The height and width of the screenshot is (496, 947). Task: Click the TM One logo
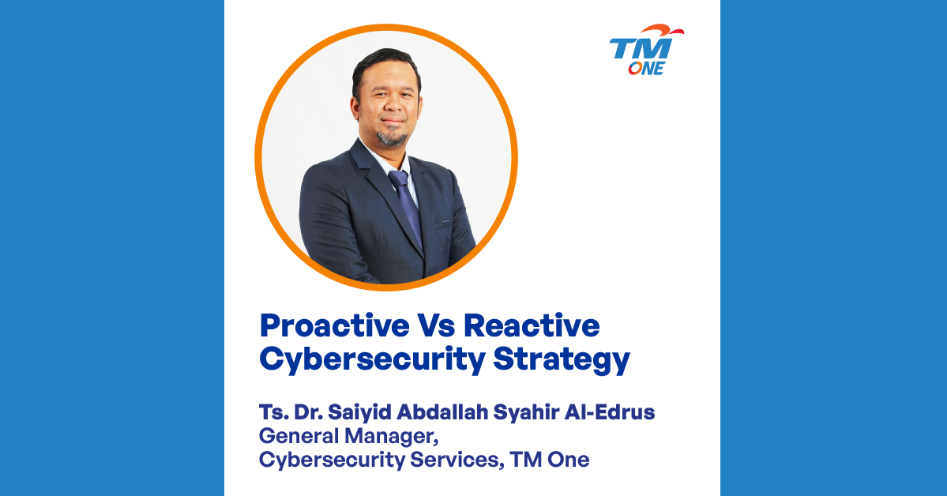(646, 50)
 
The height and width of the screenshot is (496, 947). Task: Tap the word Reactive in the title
(532, 325)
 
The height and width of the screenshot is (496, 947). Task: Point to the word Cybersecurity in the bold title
(372, 360)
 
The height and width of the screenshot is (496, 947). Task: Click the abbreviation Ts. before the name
(273, 412)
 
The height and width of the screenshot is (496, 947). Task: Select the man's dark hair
(385, 66)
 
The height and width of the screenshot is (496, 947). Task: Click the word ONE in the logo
(646, 68)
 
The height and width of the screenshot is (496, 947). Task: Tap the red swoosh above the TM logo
(663, 29)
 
